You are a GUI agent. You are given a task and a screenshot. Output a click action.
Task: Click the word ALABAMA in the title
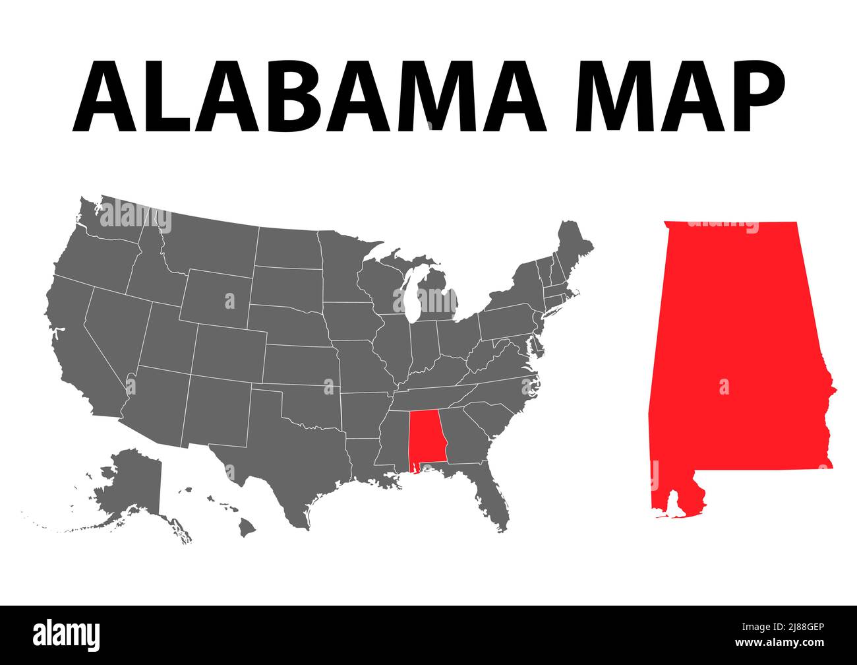point(309,97)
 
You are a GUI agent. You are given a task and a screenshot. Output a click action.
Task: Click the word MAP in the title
point(680,97)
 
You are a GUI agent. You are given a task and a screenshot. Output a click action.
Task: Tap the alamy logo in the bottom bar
point(67,635)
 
